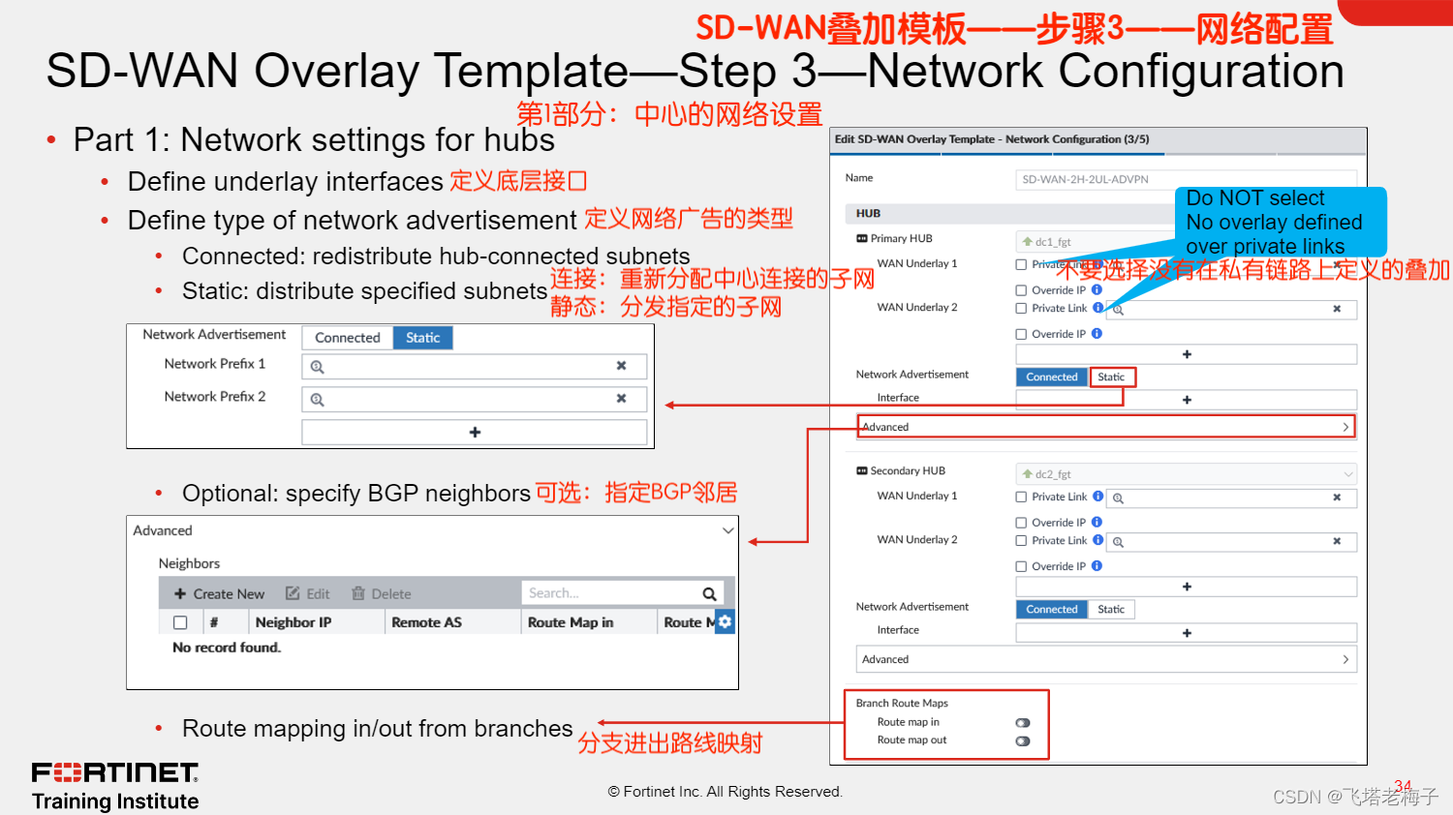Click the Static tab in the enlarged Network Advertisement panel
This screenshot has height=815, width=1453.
[422, 338]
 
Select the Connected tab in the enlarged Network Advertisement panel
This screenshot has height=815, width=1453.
[347, 338]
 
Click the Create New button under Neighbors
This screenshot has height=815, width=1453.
[219, 593]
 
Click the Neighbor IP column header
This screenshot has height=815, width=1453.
[293, 622]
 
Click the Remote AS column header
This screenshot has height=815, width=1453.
[426, 622]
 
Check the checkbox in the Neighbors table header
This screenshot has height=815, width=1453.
[180, 622]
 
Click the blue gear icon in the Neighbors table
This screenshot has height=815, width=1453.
[725, 621]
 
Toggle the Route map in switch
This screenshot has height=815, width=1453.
[1023, 723]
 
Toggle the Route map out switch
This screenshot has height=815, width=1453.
[1023, 741]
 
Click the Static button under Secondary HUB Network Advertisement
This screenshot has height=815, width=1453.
[1111, 610]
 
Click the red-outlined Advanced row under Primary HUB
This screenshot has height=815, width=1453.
[1104, 427]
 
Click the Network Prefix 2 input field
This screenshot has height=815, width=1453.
[465, 399]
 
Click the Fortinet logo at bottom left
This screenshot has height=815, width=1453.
[115, 772]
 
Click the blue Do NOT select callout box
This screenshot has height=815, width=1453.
[1280, 222]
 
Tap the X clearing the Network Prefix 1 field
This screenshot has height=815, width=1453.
[621, 366]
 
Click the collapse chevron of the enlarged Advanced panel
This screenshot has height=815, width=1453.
[727, 530]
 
